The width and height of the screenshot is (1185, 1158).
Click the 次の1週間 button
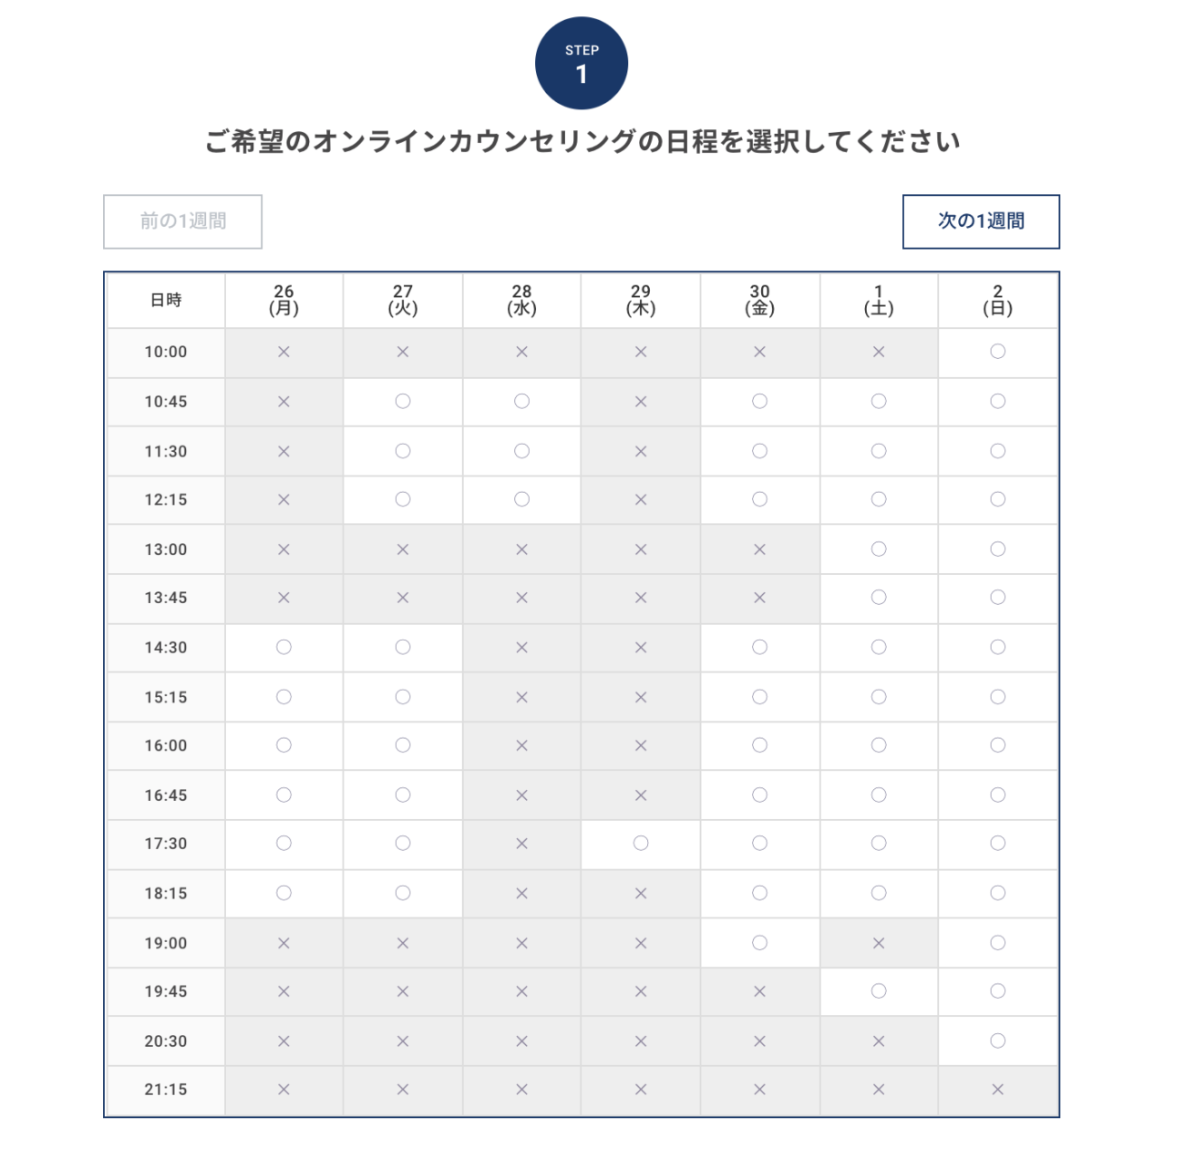tap(981, 221)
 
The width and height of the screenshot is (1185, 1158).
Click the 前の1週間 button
tap(182, 221)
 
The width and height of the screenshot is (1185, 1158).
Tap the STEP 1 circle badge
tap(582, 64)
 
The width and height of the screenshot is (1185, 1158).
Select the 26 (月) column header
tap(283, 300)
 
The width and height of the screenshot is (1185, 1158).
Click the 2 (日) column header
tap(997, 300)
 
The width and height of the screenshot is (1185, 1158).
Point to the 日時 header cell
tap(166, 300)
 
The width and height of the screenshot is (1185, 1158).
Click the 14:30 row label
tap(166, 648)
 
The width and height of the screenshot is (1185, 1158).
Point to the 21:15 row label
tap(166, 1090)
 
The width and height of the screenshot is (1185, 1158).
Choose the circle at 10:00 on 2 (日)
tap(997, 352)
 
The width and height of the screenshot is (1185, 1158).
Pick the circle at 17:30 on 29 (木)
tap(641, 844)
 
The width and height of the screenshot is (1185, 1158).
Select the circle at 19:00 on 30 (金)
tap(759, 943)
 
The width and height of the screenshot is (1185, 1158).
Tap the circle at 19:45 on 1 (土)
tap(879, 991)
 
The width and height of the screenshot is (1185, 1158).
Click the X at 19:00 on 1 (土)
tap(879, 943)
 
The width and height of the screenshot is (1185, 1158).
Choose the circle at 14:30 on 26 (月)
tap(283, 648)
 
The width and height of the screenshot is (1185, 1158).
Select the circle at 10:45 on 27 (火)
tap(403, 402)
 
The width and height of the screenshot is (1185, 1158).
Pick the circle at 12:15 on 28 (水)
tap(521, 499)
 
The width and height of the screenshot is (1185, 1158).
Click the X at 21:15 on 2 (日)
tap(997, 1090)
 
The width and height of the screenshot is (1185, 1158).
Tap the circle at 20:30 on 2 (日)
tap(997, 1041)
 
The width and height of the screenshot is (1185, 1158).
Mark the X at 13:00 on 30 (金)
tap(759, 549)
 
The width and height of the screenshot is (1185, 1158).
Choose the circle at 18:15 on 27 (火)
tap(403, 894)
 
